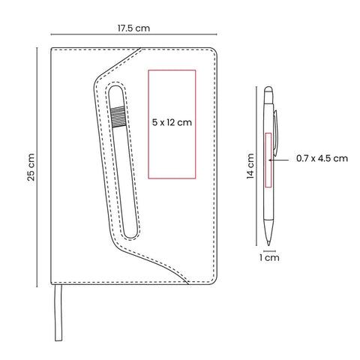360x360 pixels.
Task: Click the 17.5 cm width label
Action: [x=133, y=28]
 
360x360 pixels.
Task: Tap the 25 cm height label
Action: [x=31, y=167]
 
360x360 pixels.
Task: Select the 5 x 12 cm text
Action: [x=172, y=122]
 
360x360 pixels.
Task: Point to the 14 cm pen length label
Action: [x=250, y=166]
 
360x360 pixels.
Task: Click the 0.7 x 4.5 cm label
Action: [x=322, y=158]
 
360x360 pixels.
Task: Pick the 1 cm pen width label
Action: [x=269, y=257]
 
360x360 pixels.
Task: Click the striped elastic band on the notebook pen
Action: [x=118, y=117]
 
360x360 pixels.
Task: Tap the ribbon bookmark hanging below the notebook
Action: [x=58, y=313]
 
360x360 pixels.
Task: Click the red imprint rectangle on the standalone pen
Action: [x=268, y=160]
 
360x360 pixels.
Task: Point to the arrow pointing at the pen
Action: [x=279, y=160]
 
